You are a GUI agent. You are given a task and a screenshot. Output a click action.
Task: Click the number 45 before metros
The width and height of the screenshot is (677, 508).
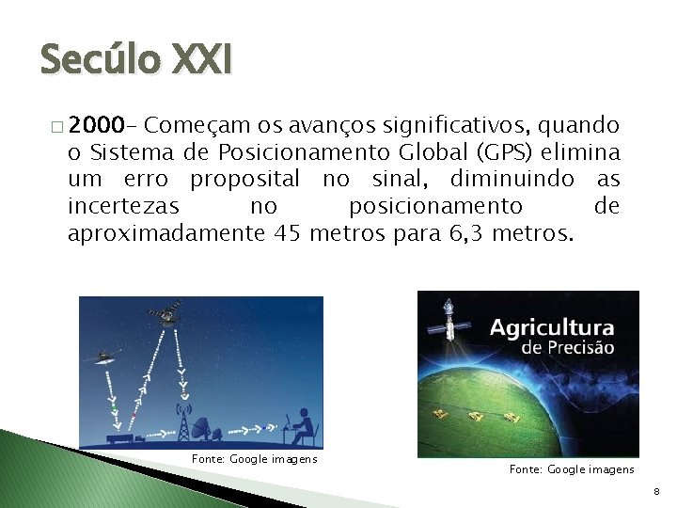[286, 233]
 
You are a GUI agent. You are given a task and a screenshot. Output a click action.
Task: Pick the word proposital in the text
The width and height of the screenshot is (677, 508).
[244, 179]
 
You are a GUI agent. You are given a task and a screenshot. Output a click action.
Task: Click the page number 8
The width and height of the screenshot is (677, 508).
[656, 492]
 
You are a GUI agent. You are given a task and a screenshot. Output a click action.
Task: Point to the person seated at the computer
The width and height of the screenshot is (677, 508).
[303, 426]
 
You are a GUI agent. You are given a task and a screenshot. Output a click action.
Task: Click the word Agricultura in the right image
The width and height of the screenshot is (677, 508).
[552, 328]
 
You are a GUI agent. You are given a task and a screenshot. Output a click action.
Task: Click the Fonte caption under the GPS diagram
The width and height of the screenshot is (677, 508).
[254, 459]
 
